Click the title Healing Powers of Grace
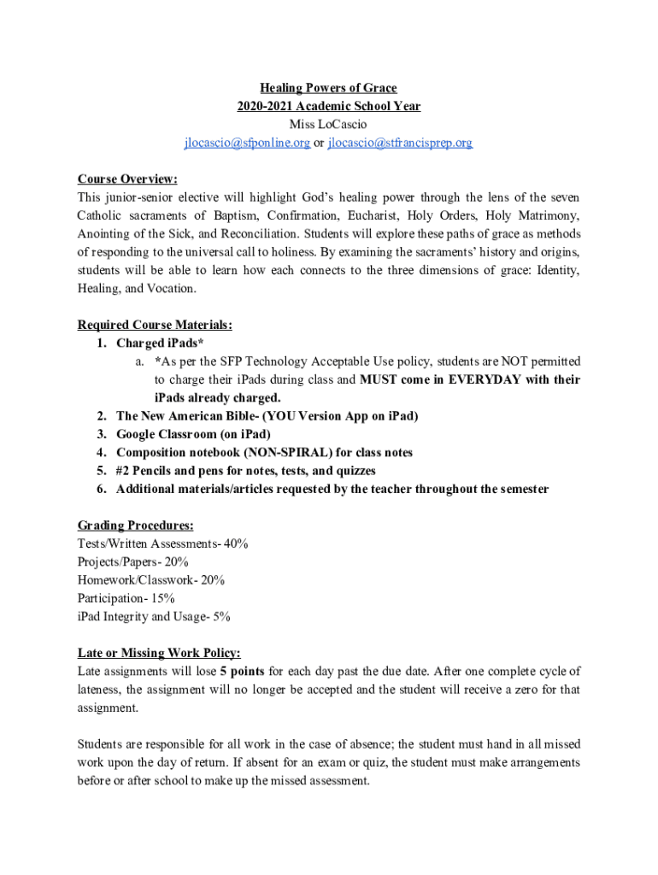[329, 88]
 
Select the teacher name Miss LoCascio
[329, 125]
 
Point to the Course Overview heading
[127, 179]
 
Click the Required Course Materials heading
[155, 325]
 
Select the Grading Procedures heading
[135, 525]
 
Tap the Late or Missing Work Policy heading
[159, 653]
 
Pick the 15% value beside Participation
[164, 598]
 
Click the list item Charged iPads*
[160, 344]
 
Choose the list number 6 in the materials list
[101, 489]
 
